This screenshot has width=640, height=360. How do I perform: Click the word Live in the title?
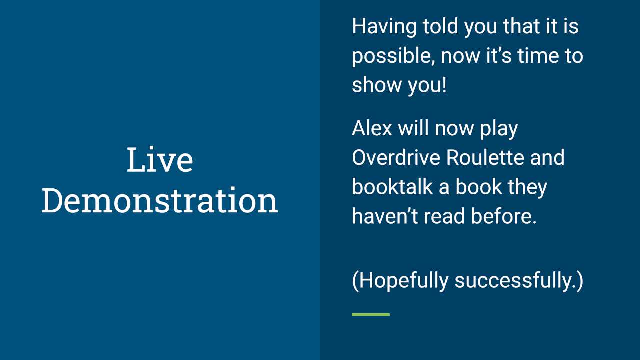160,159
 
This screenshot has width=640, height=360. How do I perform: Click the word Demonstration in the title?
160,201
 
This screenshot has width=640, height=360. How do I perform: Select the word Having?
384,27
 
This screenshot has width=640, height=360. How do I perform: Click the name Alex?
372,128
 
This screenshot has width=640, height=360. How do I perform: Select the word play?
499,129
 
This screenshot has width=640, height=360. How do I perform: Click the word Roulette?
485,157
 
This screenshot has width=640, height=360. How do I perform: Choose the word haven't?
385,216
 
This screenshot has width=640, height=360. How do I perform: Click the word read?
444,216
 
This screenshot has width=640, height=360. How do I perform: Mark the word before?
503,216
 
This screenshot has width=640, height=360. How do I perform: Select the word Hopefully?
403,281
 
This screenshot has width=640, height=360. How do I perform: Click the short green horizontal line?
371,314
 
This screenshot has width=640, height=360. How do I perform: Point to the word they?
527,188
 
